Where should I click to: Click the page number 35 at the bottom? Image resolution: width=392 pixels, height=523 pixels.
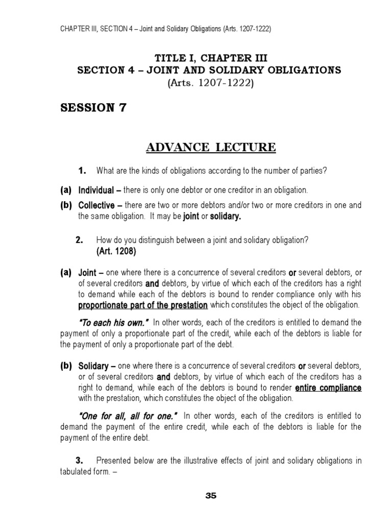click(211, 496)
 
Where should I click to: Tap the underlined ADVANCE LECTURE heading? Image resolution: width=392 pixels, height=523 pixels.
click(211, 148)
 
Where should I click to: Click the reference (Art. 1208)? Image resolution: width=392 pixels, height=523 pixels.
click(116, 252)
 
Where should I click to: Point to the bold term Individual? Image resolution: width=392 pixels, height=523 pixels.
click(97, 190)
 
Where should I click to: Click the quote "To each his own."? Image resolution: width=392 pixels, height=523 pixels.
click(113, 322)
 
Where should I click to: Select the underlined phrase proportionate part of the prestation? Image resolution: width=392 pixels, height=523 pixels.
click(143, 305)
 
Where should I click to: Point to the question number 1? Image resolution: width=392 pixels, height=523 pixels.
click(81, 171)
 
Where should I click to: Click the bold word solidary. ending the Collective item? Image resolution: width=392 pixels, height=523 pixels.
click(226, 217)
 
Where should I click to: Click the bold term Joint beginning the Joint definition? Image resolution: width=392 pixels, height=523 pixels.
click(87, 273)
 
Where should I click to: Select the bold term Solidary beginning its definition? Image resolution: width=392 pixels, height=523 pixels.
click(93, 366)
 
